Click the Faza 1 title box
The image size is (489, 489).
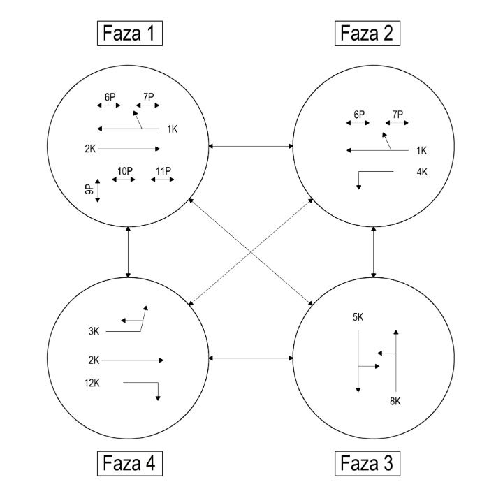130,32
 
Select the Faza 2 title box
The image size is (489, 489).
367,32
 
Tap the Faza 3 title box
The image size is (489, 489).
367,462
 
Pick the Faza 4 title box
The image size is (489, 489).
130,462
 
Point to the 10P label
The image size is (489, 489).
124,171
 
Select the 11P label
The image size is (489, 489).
163,171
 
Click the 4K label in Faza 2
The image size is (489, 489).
421,171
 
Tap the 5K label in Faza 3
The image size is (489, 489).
358,318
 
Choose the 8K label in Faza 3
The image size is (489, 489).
396,400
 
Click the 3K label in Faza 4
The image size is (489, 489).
94,331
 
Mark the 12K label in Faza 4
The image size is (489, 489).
92,382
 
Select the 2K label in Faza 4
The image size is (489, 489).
94,360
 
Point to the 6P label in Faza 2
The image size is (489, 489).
359,114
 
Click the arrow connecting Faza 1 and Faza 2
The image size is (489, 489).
251,146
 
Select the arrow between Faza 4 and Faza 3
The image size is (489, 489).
251,358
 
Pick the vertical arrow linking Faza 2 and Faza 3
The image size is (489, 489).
375,251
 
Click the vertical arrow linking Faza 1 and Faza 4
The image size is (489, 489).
129,251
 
